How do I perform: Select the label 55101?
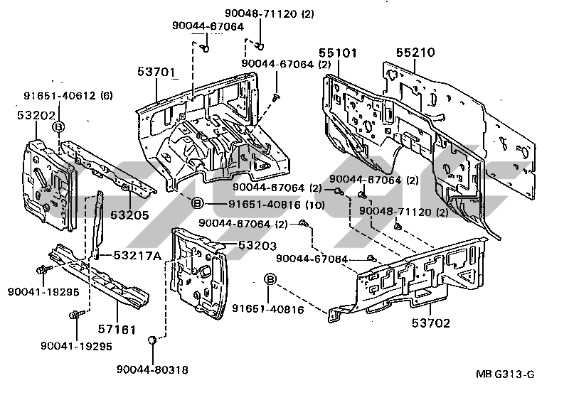[338, 53]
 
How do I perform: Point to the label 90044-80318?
[154, 369]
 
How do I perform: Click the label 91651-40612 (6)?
[68, 96]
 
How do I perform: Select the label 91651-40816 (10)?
[257, 205]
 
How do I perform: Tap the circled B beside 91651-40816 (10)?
[198, 205]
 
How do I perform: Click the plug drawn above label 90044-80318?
[152, 342]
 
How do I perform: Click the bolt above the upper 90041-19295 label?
[41, 270]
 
